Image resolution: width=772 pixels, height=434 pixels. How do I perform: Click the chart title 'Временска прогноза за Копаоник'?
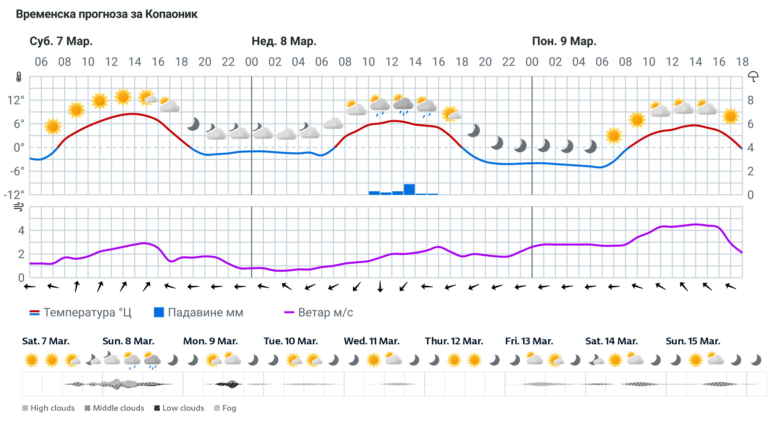click(107, 14)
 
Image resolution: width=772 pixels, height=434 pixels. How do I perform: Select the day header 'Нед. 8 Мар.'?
click(284, 41)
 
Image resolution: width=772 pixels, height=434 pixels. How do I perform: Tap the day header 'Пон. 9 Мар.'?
click(564, 41)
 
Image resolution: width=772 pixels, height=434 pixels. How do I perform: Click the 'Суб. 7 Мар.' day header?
click(61, 41)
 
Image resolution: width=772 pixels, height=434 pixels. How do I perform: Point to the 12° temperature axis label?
click(16, 100)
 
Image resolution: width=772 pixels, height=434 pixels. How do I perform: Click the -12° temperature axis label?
click(14, 195)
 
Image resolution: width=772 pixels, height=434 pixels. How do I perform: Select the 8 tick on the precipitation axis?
click(750, 100)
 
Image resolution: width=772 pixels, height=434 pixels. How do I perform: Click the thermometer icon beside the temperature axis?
click(19, 77)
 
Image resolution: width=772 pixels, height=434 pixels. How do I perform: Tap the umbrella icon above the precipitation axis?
click(753, 76)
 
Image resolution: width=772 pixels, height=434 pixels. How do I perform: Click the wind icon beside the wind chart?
click(18, 207)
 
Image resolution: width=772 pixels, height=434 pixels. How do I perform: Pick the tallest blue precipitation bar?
click(409, 189)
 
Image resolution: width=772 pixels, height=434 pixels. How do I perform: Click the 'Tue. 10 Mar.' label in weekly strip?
click(291, 341)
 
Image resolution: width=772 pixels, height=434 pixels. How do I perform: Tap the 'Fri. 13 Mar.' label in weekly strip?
click(529, 341)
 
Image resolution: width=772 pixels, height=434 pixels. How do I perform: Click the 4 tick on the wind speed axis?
click(21, 231)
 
